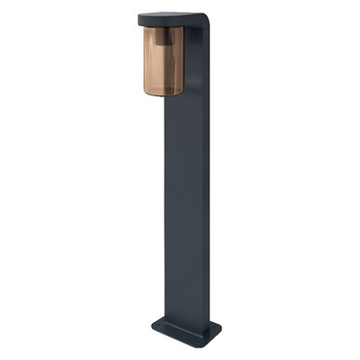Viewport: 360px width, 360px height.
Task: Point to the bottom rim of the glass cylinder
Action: (x=160, y=93)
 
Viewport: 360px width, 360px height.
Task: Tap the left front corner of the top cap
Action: (x=141, y=19)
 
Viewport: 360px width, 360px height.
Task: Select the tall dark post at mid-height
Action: (x=185, y=195)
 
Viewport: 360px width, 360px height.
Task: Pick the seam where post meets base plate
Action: (x=185, y=322)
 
